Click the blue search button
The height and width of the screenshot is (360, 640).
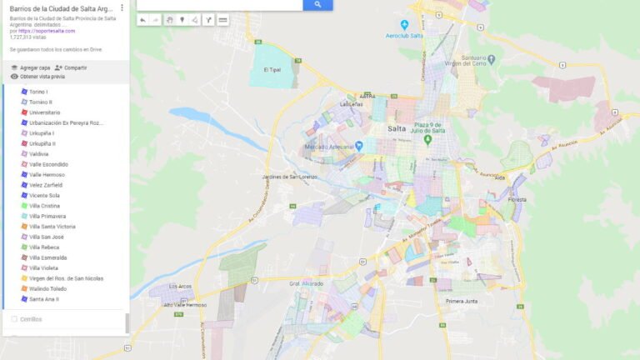coord(317,5)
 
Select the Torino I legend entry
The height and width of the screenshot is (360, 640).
coord(38,91)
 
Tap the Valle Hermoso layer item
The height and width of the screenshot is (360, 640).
coord(47,174)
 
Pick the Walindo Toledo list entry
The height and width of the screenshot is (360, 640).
coord(47,288)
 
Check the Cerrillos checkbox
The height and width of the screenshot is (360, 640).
coord(14,319)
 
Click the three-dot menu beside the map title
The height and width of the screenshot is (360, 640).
coord(122,8)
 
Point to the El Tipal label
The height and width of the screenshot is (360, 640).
coord(272,70)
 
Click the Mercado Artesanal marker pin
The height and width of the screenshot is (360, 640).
coord(359,146)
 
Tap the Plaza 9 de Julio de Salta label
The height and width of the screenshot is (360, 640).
coord(444,127)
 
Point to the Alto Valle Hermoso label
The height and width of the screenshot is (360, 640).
coord(185,305)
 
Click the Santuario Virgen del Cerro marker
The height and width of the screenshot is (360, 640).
coord(491,60)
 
